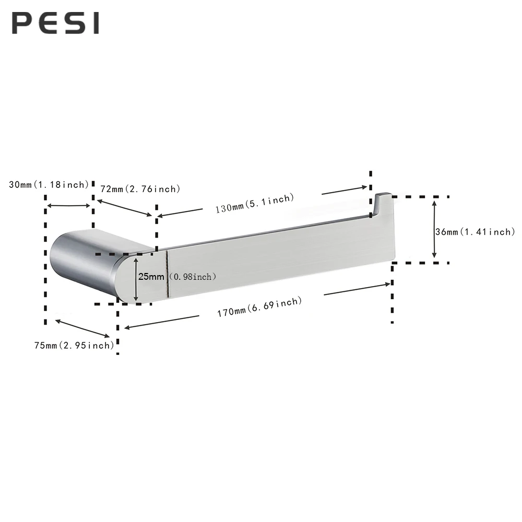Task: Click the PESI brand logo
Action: [x=55, y=23]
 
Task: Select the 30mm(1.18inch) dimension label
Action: [x=49, y=185]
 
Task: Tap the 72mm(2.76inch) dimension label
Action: [x=140, y=188]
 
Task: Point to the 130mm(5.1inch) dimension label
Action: [x=255, y=203]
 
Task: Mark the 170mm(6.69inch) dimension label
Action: [x=259, y=307]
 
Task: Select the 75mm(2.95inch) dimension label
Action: [x=74, y=345]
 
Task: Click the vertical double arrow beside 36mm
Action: [x=434, y=230]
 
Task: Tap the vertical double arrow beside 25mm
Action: [x=136, y=279]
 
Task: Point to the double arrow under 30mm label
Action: [x=69, y=206]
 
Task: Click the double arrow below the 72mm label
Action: [x=125, y=207]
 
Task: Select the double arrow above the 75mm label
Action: [x=82, y=328]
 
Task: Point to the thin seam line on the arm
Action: [x=167, y=276]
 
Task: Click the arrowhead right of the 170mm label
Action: [x=387, y=284]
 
